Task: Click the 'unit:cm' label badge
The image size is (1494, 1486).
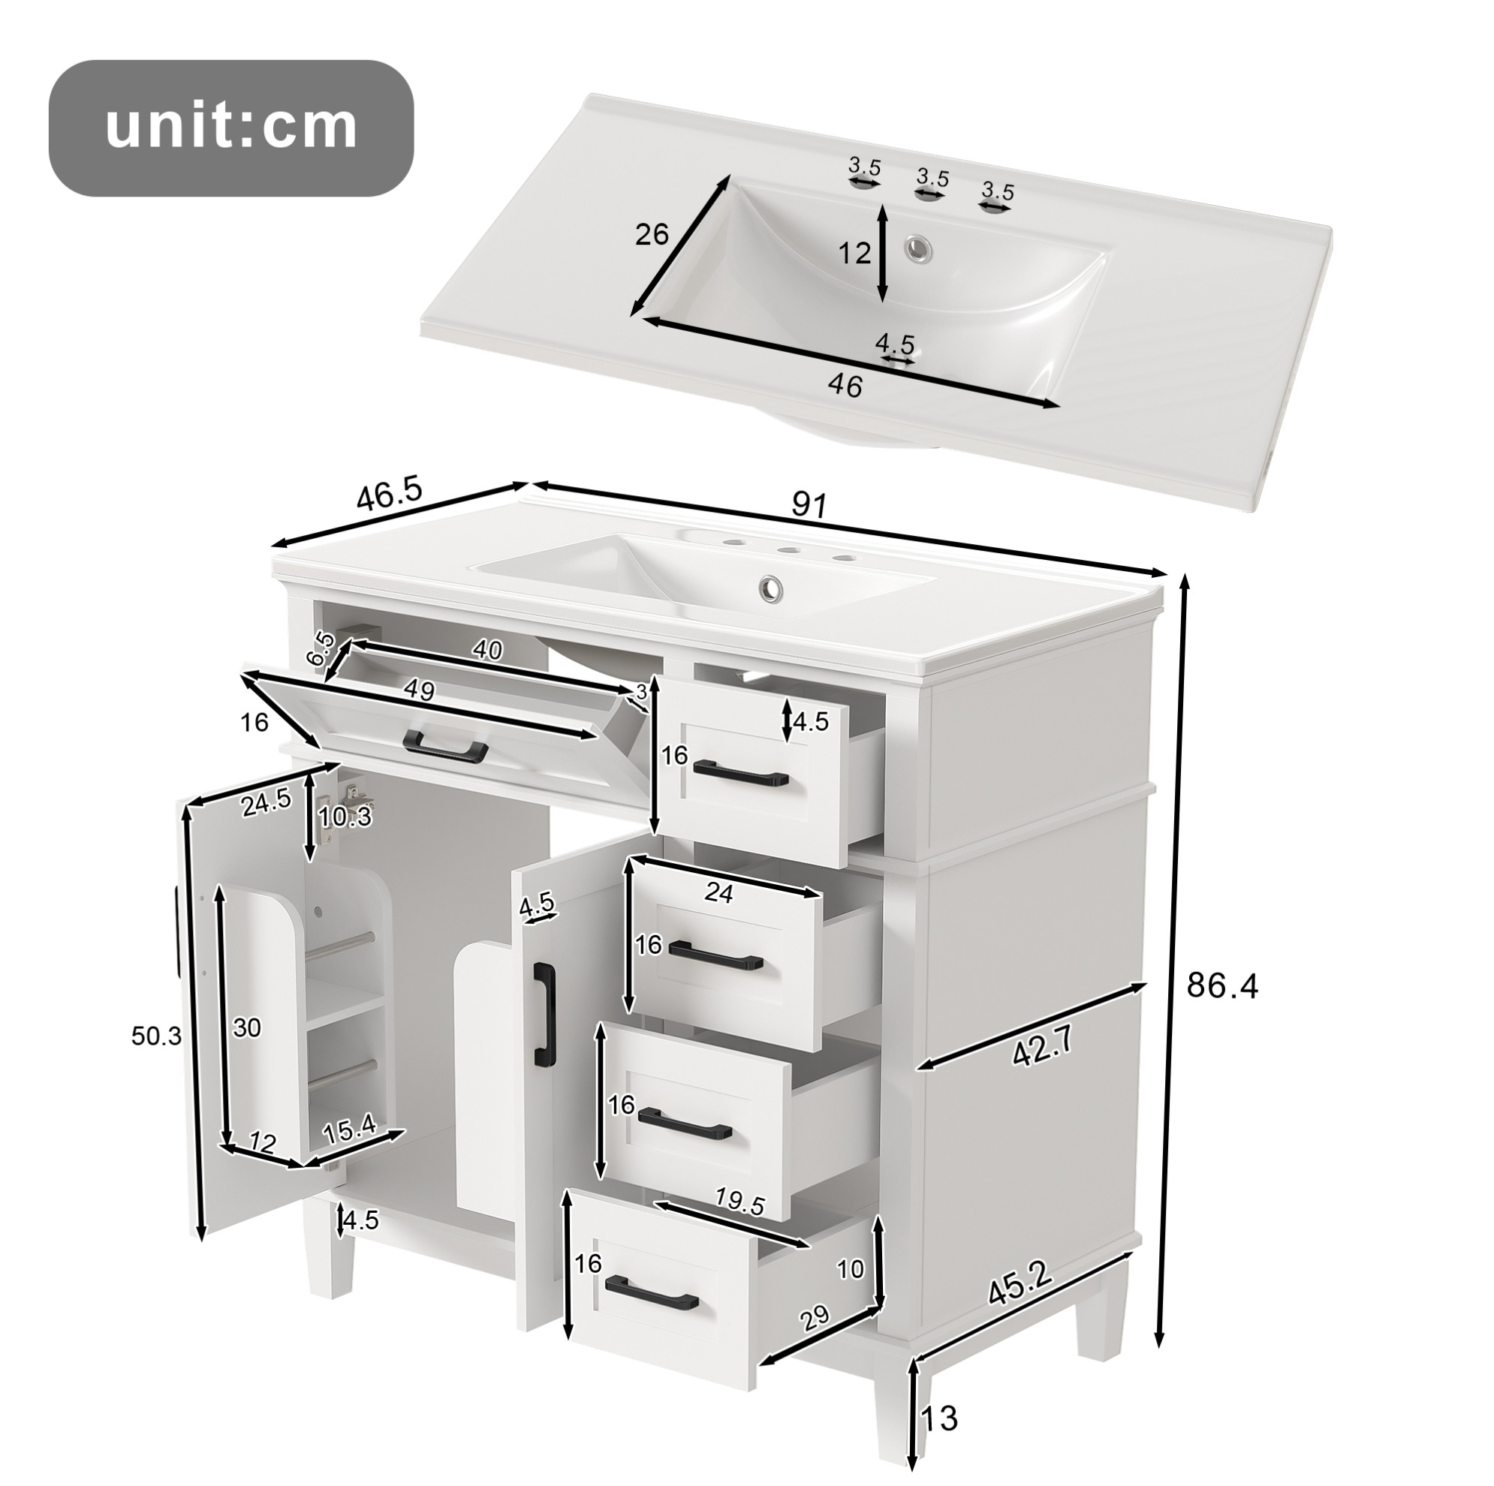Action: point(231,128)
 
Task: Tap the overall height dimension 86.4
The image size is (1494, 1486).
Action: point(1222,985)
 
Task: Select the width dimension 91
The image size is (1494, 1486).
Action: point(809,505)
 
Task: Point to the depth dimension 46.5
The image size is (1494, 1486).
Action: point(390,495)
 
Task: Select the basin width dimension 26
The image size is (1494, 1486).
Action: point(652,233)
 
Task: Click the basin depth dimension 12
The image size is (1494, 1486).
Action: point(855,253)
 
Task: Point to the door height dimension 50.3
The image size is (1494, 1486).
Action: point(156,1036)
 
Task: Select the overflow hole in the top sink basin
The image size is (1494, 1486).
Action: point(920,248)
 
